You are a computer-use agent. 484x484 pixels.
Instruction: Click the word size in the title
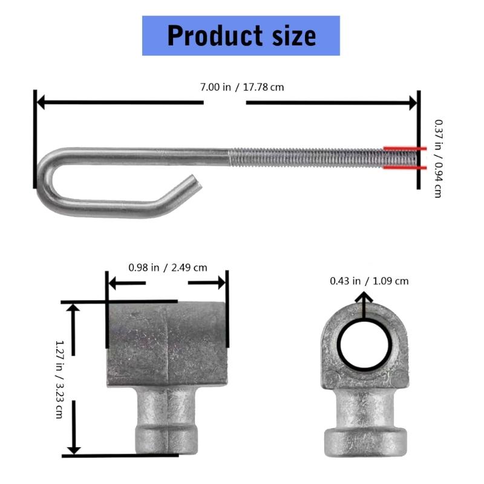pos(290,36)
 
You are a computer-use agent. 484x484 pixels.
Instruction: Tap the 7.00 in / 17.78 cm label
pos(242,87)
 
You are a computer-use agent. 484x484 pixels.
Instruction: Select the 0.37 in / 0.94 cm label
pos(438,157)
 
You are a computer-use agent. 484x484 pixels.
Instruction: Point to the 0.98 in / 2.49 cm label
pos(168,267)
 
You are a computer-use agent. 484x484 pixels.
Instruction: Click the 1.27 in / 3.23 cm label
pos(59,379)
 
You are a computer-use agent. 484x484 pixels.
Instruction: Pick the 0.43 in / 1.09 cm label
pos(369,281)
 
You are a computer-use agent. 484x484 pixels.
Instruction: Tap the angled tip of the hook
pos(189,181)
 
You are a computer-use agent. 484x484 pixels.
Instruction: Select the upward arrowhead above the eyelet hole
pos(364,298)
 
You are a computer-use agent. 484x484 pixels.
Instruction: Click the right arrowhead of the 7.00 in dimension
pos(413,102)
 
